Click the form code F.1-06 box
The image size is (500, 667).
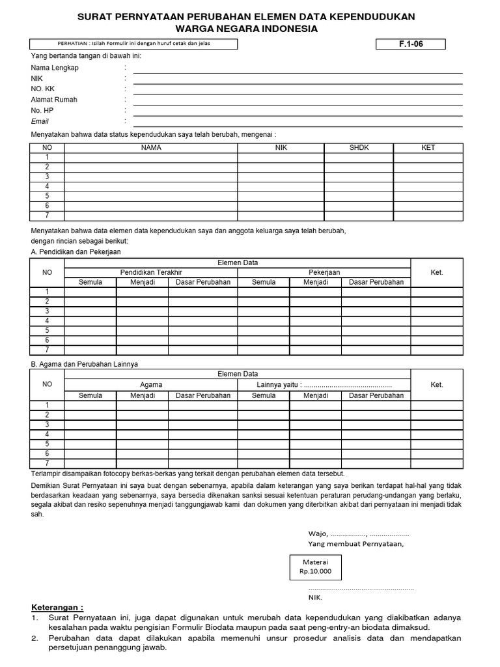[411, 44]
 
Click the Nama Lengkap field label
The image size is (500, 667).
[55, 68]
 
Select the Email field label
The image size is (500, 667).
[40, 121]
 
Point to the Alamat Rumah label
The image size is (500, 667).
[54, 100]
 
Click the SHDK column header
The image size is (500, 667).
[359, 148]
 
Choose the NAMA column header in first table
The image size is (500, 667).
[150, 148]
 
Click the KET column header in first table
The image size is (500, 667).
[428, 148]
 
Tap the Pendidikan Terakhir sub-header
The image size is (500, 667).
[150, 272]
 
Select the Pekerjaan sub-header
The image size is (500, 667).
[324, 272]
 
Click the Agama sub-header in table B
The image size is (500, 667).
[150, 385]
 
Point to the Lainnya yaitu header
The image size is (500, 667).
[324, 385]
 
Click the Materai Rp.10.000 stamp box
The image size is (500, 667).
[315, 567]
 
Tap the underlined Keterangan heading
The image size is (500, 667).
[57, 606]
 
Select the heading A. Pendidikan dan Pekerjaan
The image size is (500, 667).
[76, 251]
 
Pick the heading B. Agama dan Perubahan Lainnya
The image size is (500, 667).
[84, 364]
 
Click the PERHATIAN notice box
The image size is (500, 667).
[133, 44]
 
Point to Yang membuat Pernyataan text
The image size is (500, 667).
[355, 543]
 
